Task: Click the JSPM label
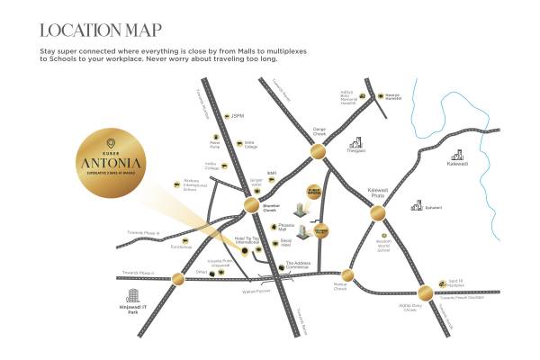238,115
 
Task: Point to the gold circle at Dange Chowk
317,154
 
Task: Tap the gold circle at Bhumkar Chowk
249,210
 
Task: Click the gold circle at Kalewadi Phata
376,212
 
